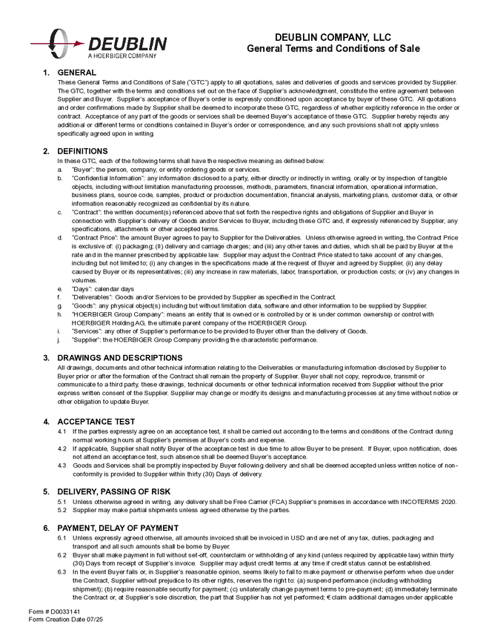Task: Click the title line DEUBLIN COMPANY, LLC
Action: coord(333,36)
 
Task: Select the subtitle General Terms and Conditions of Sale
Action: coord(333,48)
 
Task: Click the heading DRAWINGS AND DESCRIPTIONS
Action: coord(119,358)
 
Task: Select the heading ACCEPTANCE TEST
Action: coord(96,421)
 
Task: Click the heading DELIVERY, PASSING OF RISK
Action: coord(117,491)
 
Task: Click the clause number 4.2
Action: coord(62,448)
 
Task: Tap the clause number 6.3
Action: coord(62,572)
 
